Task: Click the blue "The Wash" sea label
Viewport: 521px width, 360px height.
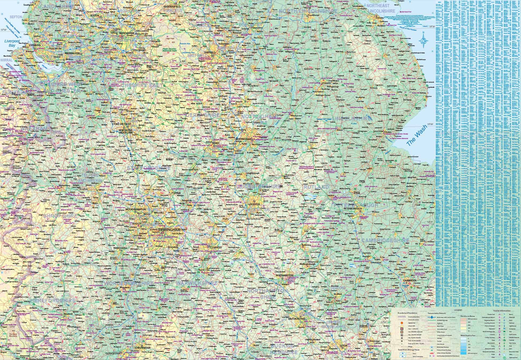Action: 416,135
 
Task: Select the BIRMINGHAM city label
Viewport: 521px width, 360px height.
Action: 169,230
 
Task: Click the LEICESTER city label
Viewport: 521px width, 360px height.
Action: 254,204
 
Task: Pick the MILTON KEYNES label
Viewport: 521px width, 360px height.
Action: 297,318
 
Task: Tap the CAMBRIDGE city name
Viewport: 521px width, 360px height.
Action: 410,280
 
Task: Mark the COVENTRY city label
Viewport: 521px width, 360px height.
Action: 216,248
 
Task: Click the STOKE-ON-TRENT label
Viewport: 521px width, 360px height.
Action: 122,124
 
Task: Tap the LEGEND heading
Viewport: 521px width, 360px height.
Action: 458,310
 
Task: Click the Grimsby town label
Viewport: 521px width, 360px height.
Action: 380,17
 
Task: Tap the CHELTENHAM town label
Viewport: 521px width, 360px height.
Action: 143,348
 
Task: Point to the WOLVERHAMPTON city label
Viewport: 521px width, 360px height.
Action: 136,210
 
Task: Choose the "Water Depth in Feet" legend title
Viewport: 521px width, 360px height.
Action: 468,336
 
